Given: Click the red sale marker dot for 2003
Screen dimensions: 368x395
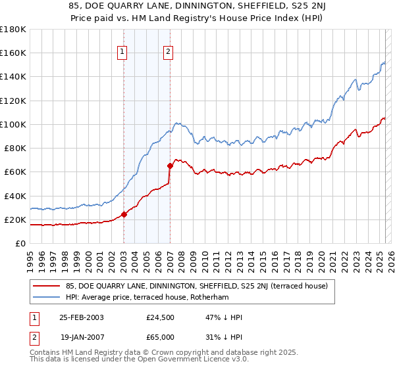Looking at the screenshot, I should tap(124, 214).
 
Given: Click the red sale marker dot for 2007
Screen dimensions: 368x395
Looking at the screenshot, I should tap(170, 166).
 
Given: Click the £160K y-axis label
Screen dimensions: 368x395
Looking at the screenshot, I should tap(13, 53).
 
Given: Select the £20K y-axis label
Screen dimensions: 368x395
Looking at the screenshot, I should tap(14, 219).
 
